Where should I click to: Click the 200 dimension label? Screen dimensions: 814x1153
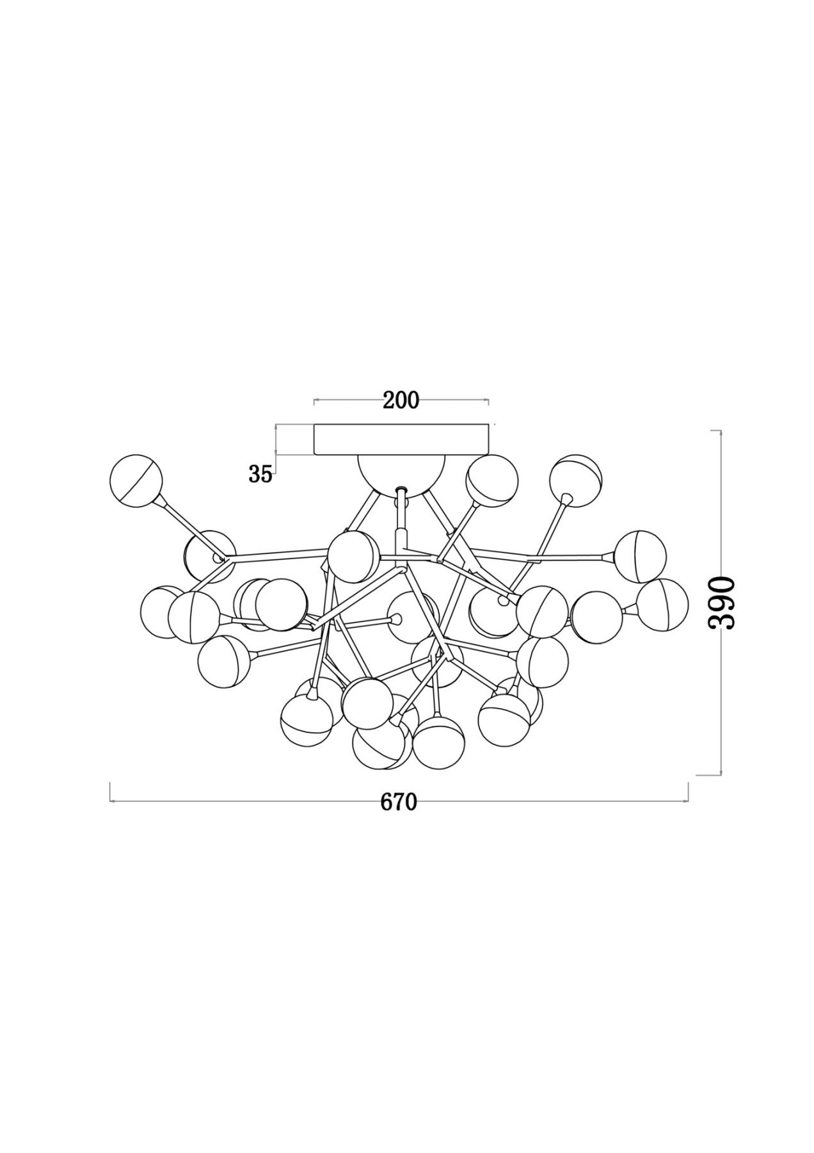tap(401, 400)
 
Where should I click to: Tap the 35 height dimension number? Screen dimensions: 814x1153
tap(260, 474)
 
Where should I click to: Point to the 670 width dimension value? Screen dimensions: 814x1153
tap(399, 801)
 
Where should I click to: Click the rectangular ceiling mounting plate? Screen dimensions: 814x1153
tap(401, 439)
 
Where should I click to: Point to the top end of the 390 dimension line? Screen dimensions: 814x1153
tap(722, 431)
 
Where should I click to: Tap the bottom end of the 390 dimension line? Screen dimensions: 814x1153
tap(722, 774)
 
